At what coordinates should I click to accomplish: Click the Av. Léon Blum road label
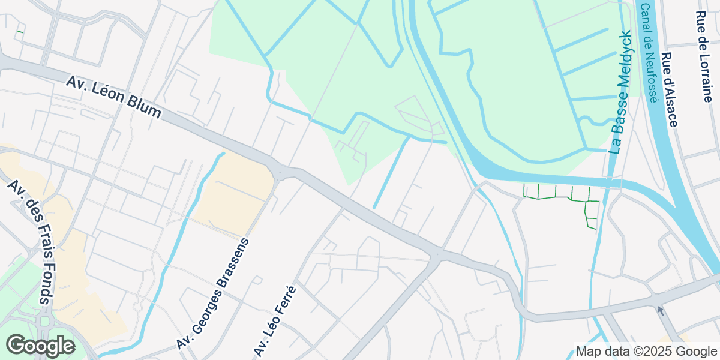114,97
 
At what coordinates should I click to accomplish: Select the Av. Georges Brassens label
213,293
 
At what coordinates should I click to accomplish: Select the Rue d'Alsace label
669,89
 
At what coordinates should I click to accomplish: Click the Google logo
40,346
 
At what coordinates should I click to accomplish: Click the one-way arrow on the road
661,311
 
